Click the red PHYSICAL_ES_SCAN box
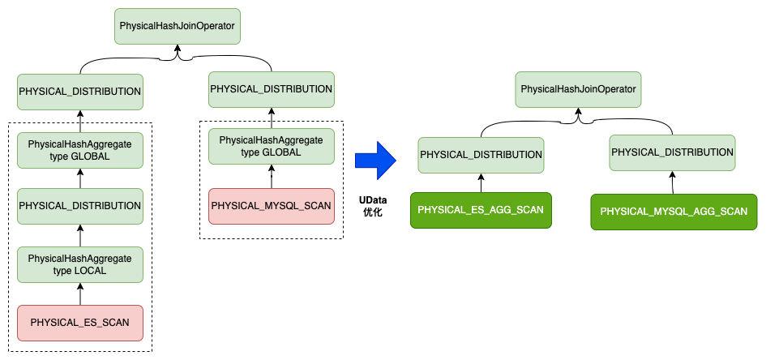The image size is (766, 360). (79, 322)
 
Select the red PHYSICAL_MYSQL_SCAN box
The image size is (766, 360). (271, 206)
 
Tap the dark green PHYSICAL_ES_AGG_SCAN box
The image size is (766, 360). (481, 209)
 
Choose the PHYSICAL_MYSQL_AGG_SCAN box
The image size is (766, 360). (673, 211)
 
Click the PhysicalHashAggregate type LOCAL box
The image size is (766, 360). (79, 264)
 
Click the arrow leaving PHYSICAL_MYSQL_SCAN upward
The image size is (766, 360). (271, 176)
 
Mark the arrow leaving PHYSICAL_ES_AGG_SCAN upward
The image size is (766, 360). (481, 182)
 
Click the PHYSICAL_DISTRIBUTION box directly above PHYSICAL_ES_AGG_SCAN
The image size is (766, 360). (481, 155)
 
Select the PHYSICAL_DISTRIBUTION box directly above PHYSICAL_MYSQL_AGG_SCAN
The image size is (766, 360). (672, 152)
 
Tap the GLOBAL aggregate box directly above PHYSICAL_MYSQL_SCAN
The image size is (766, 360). (271, 146)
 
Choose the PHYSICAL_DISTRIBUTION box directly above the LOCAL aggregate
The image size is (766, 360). (79, 206)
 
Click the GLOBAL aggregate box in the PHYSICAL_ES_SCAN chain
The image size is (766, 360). (79, 149)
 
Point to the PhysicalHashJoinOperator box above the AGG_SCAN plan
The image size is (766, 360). (577, 88)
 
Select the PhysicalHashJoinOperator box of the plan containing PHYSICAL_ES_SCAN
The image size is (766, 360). (177, 27)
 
